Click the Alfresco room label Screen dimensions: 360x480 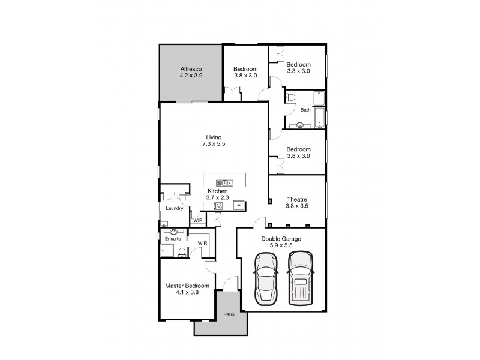click(190, 68)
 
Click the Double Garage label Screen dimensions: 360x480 click(281, 238)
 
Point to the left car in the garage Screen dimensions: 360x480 click(265, 278)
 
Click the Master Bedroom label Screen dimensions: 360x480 click(187, 286)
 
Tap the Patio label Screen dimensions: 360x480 click(229, 314)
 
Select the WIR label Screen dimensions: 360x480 click(202, 243)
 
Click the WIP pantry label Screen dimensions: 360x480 click(197, 221)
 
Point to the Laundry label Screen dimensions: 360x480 click(174, 208)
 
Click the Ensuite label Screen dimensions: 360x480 click(173, 239)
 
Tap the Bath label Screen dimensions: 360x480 click(305, 110)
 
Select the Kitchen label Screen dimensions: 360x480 click(218, 191)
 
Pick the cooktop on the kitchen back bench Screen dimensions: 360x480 click(219, 206)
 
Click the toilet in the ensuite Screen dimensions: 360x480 click(182, 252)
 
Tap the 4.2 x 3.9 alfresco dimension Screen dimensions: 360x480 click(190, 76)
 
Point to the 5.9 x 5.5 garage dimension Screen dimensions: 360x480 click(281, 245)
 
